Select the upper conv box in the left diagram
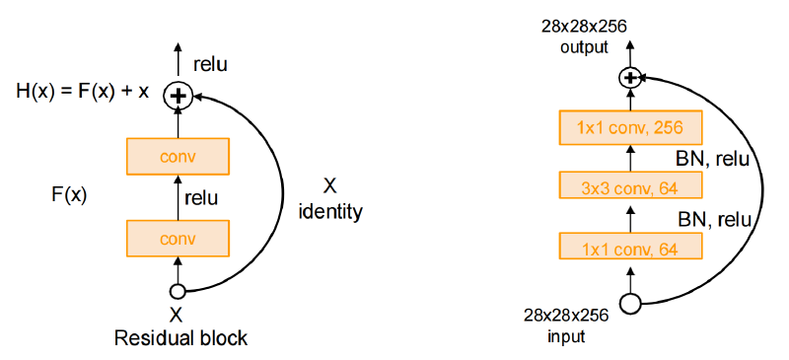tap(178, 156)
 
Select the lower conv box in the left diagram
tap(178, 238)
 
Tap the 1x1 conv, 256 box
tap(629, 128)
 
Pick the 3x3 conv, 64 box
tap(629, 184)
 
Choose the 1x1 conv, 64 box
tap(629, 246)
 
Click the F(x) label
tap(69, 195)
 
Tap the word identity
tap(329, 211)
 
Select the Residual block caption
tap(180, 337)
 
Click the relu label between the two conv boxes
tap(201, 198)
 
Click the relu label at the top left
tap(210, 64)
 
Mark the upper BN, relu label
tap(713, 160)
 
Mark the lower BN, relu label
tap(713, 220)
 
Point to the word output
tap(584, 47)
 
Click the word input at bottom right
tap(566, 335)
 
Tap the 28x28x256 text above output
tap(584, 26)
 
